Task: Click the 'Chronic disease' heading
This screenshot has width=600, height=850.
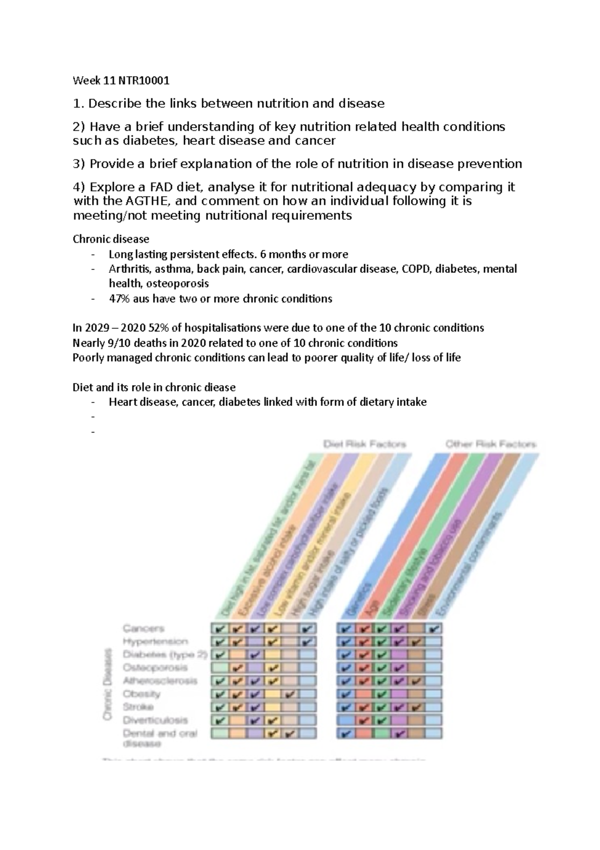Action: (x=110, y=239)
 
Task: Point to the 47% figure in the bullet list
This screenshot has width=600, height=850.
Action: (x=119, y=299)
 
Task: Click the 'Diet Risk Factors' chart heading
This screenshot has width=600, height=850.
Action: (x=364, y=444)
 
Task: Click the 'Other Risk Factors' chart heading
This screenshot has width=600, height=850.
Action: (x=490, y=444)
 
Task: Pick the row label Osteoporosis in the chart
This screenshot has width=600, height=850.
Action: (x=155, y=668)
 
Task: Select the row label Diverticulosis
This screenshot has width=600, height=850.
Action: (x=155, y=720)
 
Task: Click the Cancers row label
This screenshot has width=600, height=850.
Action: (x=143, y=628)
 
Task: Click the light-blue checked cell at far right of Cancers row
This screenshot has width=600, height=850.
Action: (x=434, y=629)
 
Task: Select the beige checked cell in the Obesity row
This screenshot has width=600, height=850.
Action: (x=290, y=694)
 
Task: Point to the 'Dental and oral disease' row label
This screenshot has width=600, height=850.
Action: (x=160, y=738)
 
